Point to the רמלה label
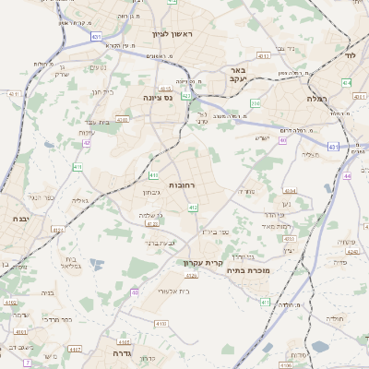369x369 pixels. click(320, 98)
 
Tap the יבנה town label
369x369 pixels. click(19, 219)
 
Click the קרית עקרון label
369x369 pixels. click(200, 263)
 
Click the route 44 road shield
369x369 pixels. click(347, 175)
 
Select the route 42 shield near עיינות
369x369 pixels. click(87, 143)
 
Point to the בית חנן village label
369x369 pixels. click(101, 92)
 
